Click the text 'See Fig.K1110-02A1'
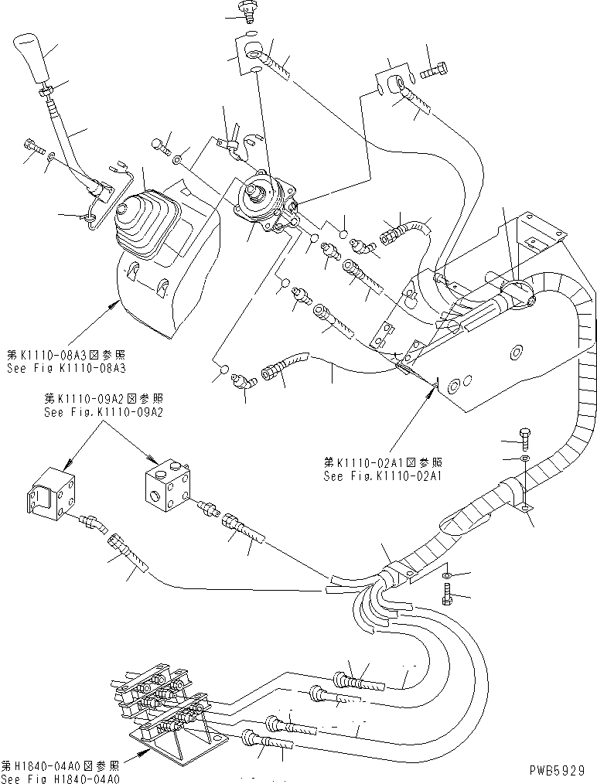pos(382,477)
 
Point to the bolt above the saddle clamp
pos(525,438)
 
